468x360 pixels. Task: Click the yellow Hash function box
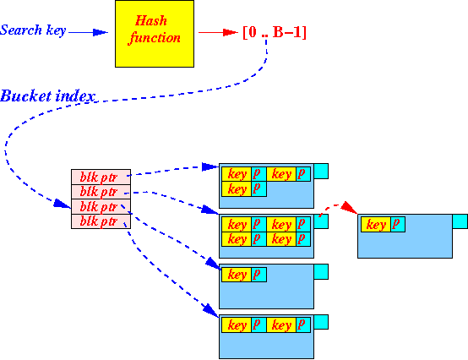(x=155, y=34)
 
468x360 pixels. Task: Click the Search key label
(x=33, y=30)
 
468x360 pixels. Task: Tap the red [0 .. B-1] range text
(x=275, y=32)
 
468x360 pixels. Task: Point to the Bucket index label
(x=48, y=96)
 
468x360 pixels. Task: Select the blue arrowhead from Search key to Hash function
(x=101, y=32)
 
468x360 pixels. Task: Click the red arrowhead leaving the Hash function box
(x=231, y=32)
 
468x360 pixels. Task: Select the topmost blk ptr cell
(x=101, y=177)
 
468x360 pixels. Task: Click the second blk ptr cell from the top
(x=101, y=192)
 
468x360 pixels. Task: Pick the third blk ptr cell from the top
(x=101, y=206)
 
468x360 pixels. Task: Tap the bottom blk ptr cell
(x=101, y=221)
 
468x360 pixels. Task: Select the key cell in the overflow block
(x=376, y=225)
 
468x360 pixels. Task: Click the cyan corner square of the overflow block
(x=460, y=221)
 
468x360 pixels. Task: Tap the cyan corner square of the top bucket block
(x=321, y=171)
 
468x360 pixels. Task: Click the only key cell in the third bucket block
(x=237, y=275)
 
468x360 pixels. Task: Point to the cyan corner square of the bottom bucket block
(x=321, y=322)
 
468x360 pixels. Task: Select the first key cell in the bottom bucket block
(x=237, y=325)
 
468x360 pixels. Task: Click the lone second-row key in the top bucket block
(x=237, y=189)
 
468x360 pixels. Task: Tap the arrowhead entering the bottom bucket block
(x=211, y=311)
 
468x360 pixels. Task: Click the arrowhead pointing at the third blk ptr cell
(x=62, y=204)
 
